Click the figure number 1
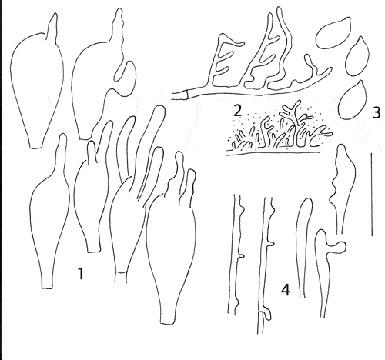(x=81, y=272)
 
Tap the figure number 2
(x=236, y=111)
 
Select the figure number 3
(x=376, y=112)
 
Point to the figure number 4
(x=286, y=290)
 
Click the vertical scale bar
(x=372, y=194)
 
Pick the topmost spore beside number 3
(x=333, y=33)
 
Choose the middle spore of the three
(x=358, y=56)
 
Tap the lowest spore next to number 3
(x=352, y=99)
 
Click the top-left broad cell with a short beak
(x=37, y=85)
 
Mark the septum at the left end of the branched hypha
(x=187, y=95)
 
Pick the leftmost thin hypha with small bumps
(x=236, y=254)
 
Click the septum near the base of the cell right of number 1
(x=121, y=272)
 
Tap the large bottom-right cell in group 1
(x=171, y=238)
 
